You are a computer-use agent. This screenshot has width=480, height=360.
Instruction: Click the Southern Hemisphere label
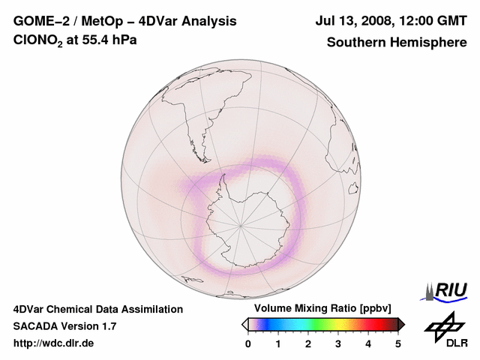(397, 42)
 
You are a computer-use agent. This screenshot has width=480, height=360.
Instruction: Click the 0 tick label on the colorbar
(248, 343)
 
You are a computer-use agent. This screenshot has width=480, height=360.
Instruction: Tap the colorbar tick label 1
(278, 343)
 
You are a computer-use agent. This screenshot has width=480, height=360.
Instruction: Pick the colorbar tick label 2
(308, 343)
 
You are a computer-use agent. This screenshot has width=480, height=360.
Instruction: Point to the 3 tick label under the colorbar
(338, 343)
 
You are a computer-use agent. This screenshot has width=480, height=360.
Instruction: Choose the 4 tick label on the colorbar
(368, 343)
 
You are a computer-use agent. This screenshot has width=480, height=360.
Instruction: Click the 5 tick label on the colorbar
(398, 343)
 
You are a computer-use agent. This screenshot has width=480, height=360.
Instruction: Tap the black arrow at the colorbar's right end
(401, 324)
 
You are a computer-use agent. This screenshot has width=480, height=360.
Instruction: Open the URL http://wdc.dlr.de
(54, 343)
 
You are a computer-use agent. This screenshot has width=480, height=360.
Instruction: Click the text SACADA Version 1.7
(64, 326)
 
